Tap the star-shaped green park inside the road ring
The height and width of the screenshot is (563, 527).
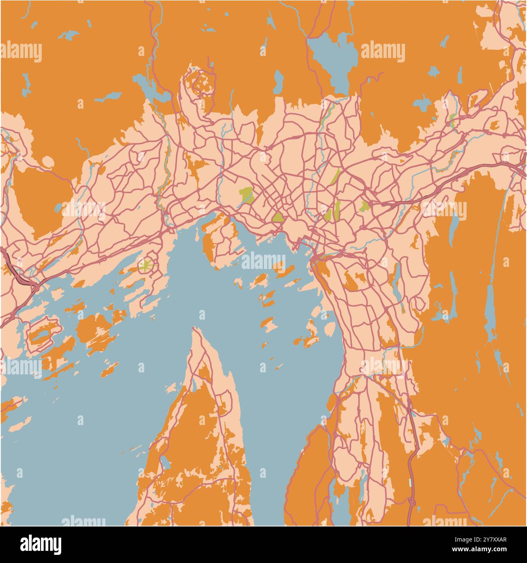click(146, 266)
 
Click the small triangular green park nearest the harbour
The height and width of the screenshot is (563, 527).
click(278, 217)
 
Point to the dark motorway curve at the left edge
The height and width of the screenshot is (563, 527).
click(12, 268)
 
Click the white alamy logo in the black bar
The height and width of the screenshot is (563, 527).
click(41, 544)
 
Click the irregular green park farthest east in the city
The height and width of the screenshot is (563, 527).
click(364, 207)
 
